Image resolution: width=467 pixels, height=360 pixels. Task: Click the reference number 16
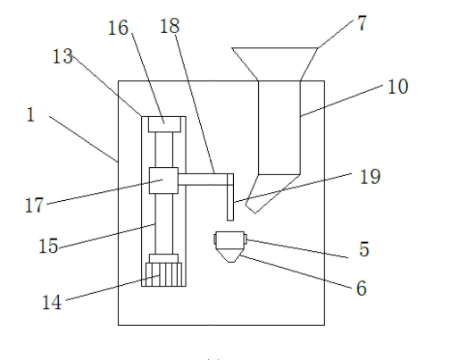[118, 28]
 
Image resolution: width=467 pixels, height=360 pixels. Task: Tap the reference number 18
[170, 26]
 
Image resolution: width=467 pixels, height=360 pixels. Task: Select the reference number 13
[63, 56]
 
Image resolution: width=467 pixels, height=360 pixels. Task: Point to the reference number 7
[362, 23]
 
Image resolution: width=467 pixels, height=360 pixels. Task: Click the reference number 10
[397, 87]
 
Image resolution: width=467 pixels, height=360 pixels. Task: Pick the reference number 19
[371, 176]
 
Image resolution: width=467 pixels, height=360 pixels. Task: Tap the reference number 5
[364, 249]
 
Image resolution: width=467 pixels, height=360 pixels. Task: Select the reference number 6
[362, 289]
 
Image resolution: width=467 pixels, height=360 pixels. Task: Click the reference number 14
[52, 302]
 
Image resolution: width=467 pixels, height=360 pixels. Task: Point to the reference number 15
[48, 246]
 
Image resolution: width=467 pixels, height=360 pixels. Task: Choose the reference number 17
[34, 205]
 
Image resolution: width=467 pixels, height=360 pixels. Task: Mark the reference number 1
[30, 114]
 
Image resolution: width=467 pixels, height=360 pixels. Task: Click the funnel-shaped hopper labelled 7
[275, 63]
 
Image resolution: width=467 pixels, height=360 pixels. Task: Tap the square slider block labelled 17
[163, 180]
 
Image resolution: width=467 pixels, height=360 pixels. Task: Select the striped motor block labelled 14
[163, 274]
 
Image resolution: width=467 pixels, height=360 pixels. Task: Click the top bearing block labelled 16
[164, 124]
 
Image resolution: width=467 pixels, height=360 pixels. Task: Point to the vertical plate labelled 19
[230, 197]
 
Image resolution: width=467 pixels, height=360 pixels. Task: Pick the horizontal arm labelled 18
[203, 180]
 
